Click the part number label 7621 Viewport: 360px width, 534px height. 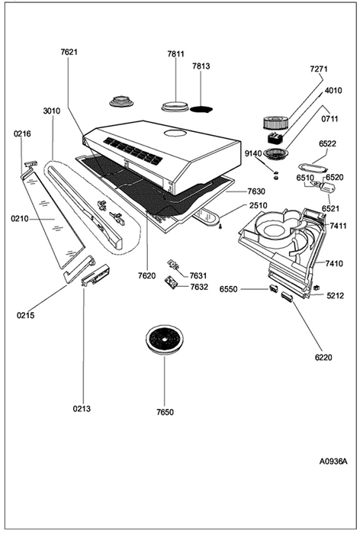[x=69, y=52]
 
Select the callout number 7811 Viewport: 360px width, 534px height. [x=175, y=54]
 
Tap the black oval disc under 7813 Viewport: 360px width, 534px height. [x=201, y=109]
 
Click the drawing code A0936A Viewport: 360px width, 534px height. [x=333, y=462]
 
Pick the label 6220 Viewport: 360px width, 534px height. [x=323, y=357]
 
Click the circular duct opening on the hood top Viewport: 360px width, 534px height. [x=175, y=133]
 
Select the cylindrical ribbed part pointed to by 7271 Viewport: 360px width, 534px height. [x=276, y=123]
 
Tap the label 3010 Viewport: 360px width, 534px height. [x=52, y=111]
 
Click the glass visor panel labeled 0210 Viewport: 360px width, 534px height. [x=53, y=218]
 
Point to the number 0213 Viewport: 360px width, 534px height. [x=82, y=408]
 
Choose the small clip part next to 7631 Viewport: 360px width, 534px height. [x=173, y=265]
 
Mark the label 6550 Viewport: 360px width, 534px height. [x=228, y=289]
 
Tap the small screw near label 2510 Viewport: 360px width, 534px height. [x=220, y=226]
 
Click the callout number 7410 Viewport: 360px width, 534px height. [x=335, y=263]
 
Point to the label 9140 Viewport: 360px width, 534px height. [x=253, y=153]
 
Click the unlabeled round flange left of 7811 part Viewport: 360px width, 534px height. [x=122, y=101]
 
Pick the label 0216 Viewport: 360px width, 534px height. [x=22, y=133]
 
